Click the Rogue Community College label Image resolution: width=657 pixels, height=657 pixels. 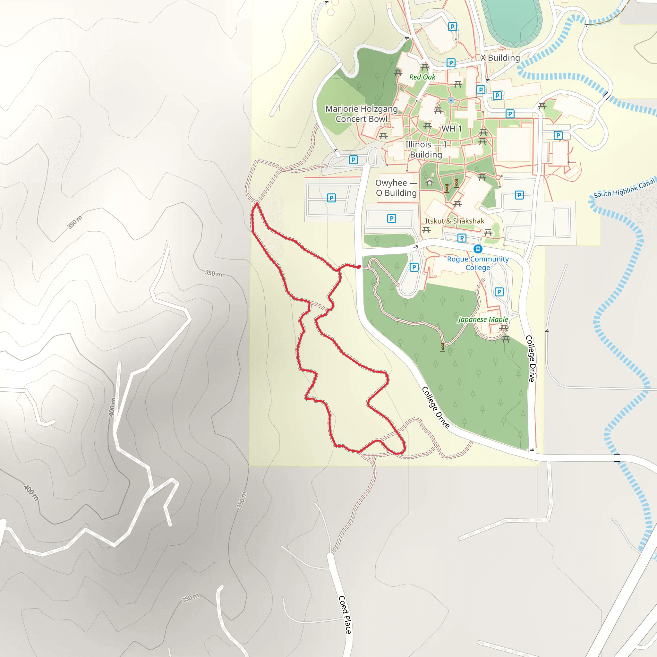click(478, 263)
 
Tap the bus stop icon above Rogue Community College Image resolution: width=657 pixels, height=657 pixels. click(478, 249)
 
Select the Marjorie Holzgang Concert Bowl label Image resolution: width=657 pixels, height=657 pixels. click(362, 114)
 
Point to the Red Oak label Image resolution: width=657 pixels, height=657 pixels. click(422, 77)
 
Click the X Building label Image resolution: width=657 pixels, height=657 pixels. click(500, 58)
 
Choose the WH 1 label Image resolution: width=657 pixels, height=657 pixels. click(451, 129)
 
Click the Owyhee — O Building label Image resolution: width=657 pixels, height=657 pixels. click(396, 188)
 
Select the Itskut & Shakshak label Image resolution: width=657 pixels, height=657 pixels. click(454, 221)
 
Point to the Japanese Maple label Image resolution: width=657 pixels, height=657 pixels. click(483, 319)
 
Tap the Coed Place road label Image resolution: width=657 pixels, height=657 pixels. click(345, 614)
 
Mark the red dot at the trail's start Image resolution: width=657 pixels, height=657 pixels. click(359, 267)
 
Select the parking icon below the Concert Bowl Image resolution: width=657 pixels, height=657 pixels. click(353, 160)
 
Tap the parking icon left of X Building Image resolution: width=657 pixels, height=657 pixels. click(451, 63)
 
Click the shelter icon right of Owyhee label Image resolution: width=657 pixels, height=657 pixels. click(430, 183)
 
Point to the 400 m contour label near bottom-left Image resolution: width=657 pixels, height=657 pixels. click(31, 493)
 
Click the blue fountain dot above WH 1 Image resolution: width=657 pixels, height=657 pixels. click(451, 100)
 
